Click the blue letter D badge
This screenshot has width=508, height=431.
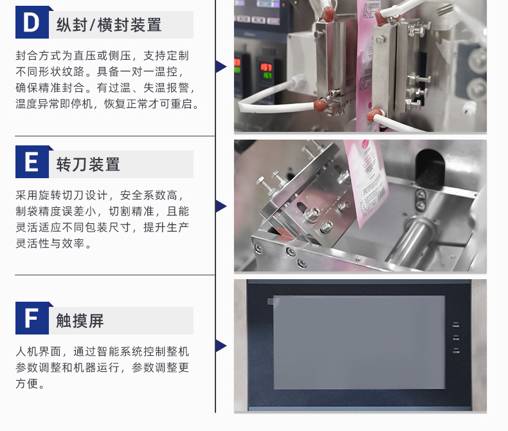(x=32, y=22)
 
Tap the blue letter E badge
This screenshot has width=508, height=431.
(x=32, y=161)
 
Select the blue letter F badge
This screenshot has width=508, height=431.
(x=32, y=318)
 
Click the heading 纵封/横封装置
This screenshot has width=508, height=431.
(x=109, y=25)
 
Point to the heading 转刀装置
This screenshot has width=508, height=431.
(x=88, y=164)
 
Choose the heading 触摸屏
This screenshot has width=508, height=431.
(x=80, y=321)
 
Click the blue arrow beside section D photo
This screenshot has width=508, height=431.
(x=221, y=66)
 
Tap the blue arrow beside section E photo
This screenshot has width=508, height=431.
(x=221, y=206)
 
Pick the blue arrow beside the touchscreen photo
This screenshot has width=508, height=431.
(x=221, y=346)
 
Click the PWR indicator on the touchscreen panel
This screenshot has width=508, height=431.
(x=456, y=324)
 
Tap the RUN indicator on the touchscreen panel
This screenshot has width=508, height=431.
(x=456, y=337)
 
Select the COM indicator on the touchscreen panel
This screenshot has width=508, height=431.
(x=456, y=351)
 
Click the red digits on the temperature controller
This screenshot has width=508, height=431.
(x=266, y=68)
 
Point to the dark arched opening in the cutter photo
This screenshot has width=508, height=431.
(x=430, y=169)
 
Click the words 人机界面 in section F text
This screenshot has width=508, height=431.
(x=38, y=351)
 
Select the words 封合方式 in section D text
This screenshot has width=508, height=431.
(x=38, y=55)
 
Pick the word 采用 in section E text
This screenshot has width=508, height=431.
(x=27, y=195)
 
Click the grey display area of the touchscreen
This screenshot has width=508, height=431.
(x=359, y=342)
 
